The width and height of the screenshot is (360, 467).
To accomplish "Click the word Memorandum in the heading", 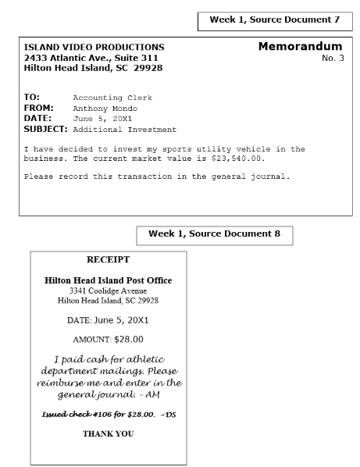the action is pyautogui.click(x=300, y=48).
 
